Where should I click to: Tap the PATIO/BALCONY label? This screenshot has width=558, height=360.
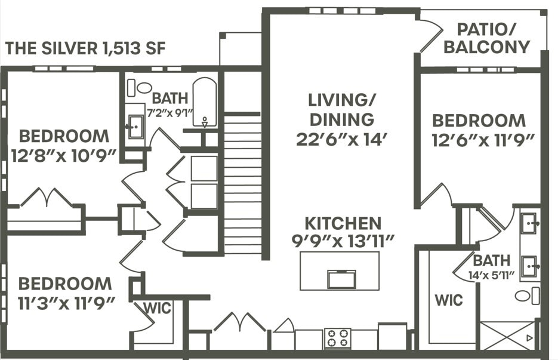[486, 38]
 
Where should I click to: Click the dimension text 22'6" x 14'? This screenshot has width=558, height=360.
[342, 139]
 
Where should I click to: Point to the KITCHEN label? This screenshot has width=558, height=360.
[343, 223]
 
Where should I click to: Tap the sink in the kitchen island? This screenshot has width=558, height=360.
[341, 279]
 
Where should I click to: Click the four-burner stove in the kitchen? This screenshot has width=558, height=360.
[337, 338]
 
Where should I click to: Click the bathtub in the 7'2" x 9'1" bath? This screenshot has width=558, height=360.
[205, 101]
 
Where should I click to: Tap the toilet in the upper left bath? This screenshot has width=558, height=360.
[141, 88]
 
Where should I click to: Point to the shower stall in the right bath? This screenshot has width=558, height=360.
[508, 336]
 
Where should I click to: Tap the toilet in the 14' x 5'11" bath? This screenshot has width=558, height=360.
[525, 296]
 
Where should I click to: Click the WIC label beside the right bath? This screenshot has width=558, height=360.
[448, 299]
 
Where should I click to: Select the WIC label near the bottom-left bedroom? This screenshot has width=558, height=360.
[158, 308]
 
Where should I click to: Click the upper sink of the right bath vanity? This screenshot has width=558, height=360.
[528, 224]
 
